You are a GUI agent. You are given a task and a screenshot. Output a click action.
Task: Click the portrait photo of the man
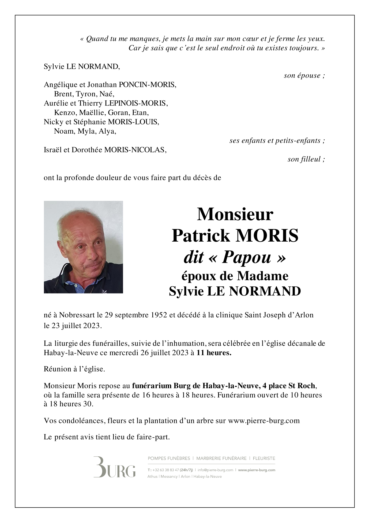click(x=83, y=247)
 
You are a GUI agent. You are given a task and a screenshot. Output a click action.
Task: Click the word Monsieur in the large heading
click(x=235, y=214)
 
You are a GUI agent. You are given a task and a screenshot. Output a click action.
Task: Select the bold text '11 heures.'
click(x=214, y=353)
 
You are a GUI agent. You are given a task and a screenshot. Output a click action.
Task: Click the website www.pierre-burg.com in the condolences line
click(x=263, y=420)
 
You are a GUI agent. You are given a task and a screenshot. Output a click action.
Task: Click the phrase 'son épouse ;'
click(x=304, y=76)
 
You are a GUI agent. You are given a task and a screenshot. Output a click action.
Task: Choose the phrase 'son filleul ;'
click(x=306, y=159)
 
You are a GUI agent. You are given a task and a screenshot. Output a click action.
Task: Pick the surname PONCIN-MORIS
click(x=148, y=85)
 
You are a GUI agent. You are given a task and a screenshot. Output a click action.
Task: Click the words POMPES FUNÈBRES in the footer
click(x=169, y=458)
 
